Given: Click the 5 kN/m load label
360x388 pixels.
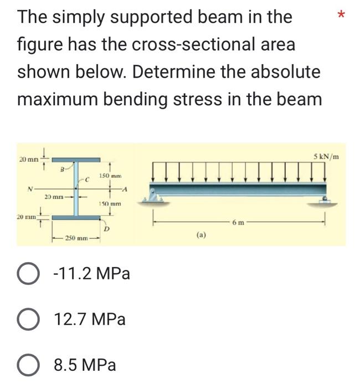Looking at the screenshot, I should tap(326, 156).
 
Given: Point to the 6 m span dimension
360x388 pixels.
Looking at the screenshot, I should tap(239, 222).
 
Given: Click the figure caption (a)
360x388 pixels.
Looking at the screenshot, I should tap(201, 235).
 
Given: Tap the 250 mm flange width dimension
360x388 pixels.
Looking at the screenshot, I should tap(76, 238).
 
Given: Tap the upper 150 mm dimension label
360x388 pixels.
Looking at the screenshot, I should tap(110, 176).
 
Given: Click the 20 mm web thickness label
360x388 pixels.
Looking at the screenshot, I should tap(54, 197).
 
